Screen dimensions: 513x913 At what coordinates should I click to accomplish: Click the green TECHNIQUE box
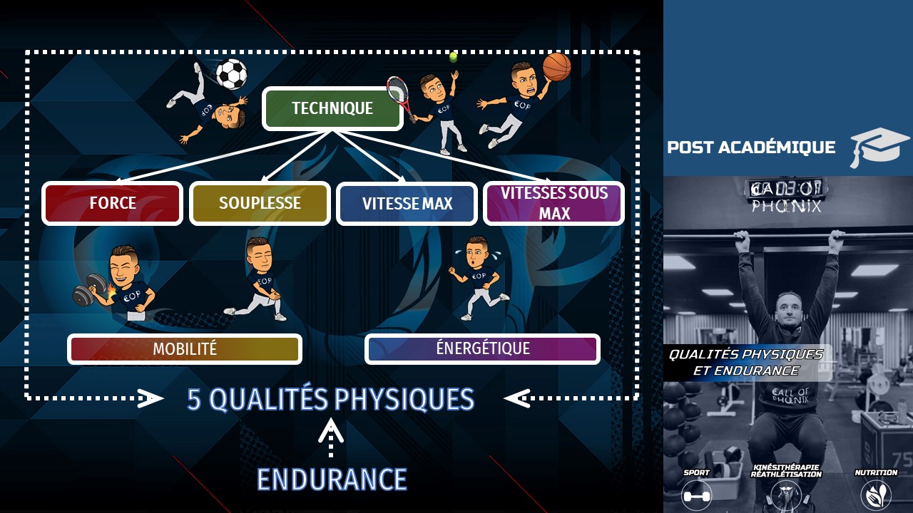coord(332,108)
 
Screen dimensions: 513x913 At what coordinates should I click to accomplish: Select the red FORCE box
coord(113,203)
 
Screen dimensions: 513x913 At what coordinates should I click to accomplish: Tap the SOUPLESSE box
coord(260,203)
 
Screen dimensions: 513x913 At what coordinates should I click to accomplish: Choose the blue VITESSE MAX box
coord(407,204)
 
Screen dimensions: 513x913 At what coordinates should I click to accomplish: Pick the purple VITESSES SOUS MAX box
coord(554,203)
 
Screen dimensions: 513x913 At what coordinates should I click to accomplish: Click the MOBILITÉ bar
coord(185,349)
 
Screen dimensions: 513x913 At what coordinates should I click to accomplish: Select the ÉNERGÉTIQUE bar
coord(482,348)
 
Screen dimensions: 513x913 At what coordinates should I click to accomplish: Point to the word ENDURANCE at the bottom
coord(332,480)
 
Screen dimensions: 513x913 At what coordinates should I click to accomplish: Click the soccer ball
coord(231,73)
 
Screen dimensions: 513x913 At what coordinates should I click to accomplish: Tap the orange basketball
coord(556,67)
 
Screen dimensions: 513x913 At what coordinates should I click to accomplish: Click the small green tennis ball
coord(453,56)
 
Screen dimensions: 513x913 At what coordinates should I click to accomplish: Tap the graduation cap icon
coord(879,146)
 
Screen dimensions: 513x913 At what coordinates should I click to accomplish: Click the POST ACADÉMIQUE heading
coord(751,147)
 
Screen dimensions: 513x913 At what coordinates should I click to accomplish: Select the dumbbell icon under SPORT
coord(697,494)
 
